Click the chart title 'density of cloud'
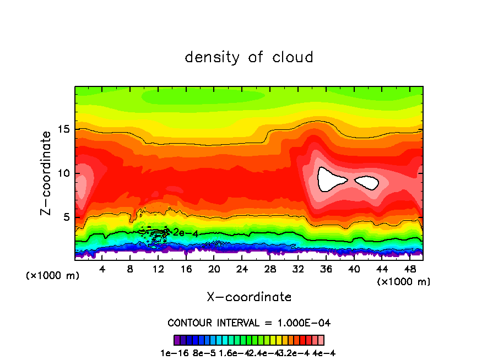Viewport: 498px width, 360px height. (249, 57)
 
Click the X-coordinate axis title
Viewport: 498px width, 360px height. (249, 297)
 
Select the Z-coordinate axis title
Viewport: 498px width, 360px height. (46, 173)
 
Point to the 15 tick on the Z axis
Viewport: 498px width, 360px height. (64, 129)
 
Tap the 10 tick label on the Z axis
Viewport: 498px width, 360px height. (64, 173)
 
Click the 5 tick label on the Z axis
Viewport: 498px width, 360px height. (67, 217)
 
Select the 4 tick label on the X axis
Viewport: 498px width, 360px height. (102, 269)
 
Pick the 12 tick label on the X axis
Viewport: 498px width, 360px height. (158, 269)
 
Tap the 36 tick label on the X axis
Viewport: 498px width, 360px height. (326, 269)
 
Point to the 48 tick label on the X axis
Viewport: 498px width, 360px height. (409, 269)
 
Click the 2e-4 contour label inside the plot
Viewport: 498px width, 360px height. (186, 233)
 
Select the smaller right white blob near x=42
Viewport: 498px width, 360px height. (367, 182)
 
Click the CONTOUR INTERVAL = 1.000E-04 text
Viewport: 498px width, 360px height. (249, 323)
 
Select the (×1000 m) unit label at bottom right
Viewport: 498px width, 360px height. (404, 282)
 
